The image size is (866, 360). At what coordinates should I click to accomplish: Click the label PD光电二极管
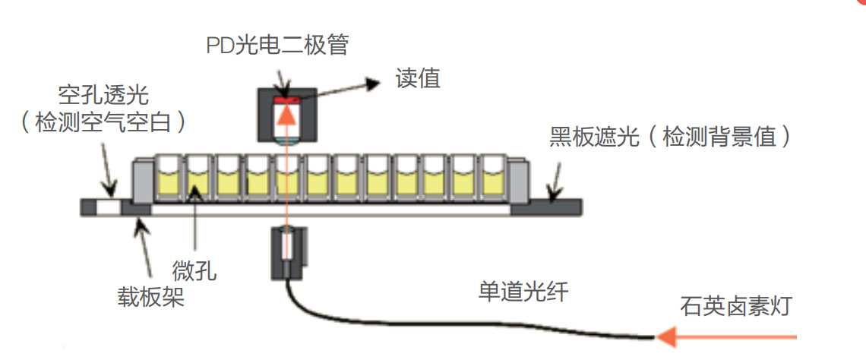277,46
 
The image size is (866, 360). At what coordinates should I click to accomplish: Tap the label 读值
418,78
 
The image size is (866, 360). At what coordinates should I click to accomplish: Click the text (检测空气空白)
103,122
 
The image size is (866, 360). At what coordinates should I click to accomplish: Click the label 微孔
201,271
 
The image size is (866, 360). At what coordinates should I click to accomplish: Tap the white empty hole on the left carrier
108,206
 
